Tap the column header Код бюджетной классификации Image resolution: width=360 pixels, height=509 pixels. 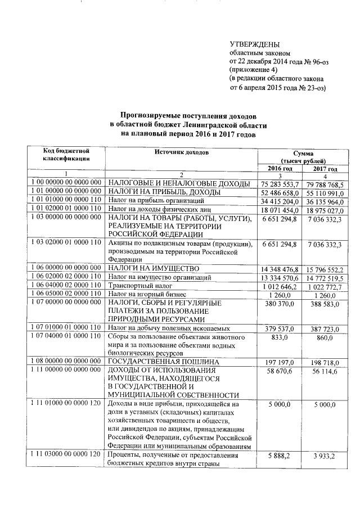(66, 156)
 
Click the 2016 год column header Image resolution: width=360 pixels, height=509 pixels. (279, 168)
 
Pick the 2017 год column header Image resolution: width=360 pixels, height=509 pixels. (325, 169)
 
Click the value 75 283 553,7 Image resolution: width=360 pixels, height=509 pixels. (279, 184)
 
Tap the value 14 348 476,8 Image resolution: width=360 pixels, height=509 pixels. (279, 269)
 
